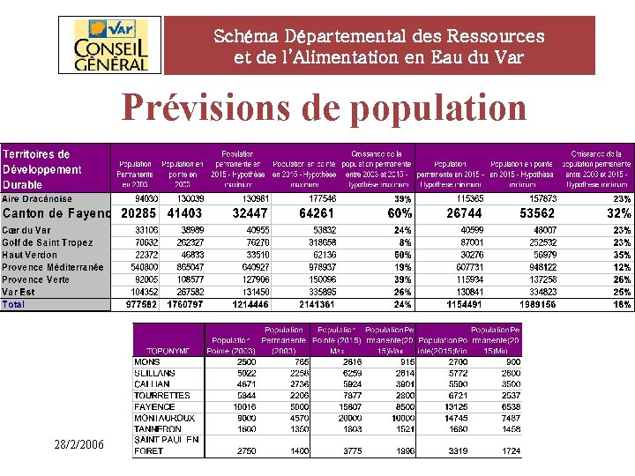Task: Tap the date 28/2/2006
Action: tap(78, 447)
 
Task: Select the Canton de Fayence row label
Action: tap(56, 213)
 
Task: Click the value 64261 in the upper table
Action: tap(317, 213)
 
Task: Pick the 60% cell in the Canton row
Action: tap(400, 213)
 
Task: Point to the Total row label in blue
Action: tap(14, 304)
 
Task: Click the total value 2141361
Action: tap(317, 304)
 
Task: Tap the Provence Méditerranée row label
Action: tap(52, 267)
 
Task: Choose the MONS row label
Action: tap(147, 361)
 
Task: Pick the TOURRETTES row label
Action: tap(162, 395)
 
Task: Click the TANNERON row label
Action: tap(159, 428)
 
